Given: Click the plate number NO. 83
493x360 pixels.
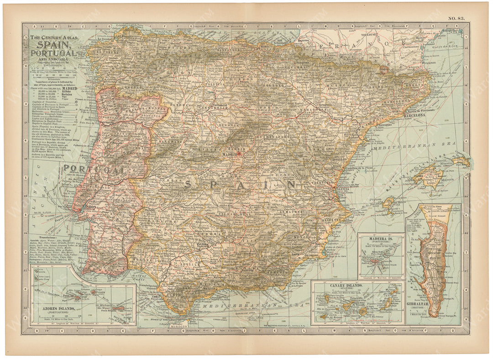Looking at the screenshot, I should click(x=456, y=18).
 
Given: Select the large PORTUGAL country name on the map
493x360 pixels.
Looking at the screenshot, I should click(x=94, y=169).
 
